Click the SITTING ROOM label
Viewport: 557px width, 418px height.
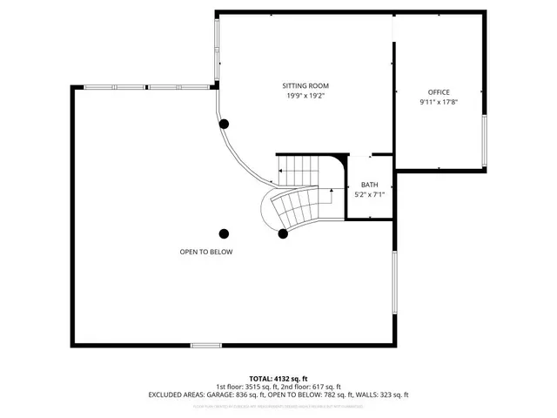coord(305,85)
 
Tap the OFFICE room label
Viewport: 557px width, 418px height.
coord(439,91)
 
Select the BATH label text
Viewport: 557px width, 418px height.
coord(370,185)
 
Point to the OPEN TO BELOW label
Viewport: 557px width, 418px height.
coord(206,252)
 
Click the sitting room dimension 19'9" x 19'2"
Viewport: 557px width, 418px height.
coord(305,96)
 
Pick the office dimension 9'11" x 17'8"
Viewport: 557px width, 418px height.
coord(439,102)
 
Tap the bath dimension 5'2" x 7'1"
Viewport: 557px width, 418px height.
coord(370,195)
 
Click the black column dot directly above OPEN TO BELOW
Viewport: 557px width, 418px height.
coord(224,233)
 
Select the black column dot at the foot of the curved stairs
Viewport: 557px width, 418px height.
coord(283,233)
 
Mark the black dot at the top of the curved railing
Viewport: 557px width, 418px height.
coord(225,124)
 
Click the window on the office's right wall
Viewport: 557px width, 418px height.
coord(485,140)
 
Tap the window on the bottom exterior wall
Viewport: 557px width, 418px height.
coord(206,346)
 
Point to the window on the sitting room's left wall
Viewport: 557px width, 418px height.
coord(217,51)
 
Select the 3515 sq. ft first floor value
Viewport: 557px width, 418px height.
coord(258,387)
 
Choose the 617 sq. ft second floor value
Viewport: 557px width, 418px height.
coord(325,387)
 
